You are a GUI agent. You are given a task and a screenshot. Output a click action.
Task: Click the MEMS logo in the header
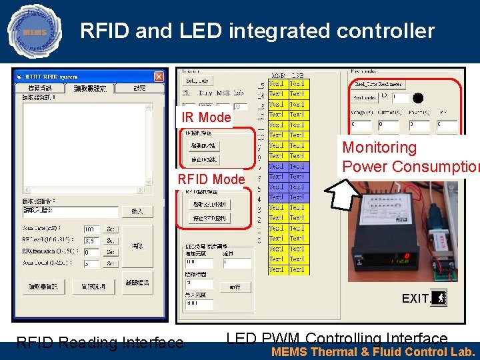(33, 31)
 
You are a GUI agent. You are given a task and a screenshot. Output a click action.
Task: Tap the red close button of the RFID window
(159, 77)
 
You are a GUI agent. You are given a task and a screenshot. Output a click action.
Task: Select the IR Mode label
(206, 117)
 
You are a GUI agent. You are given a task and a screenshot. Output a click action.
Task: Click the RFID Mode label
(211, 179)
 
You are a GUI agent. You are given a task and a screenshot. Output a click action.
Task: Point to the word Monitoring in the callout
(379, 147)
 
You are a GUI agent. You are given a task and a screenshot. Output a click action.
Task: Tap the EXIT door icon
(439, 298)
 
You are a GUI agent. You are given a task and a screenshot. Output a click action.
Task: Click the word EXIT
(415, 299)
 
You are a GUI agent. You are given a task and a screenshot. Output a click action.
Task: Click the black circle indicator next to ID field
(418, 97)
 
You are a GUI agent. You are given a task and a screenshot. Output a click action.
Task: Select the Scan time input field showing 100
(91, 229)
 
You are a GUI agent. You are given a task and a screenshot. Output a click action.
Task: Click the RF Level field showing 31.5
(91, 241)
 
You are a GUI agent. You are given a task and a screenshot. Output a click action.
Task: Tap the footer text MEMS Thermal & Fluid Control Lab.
(373, 352)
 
